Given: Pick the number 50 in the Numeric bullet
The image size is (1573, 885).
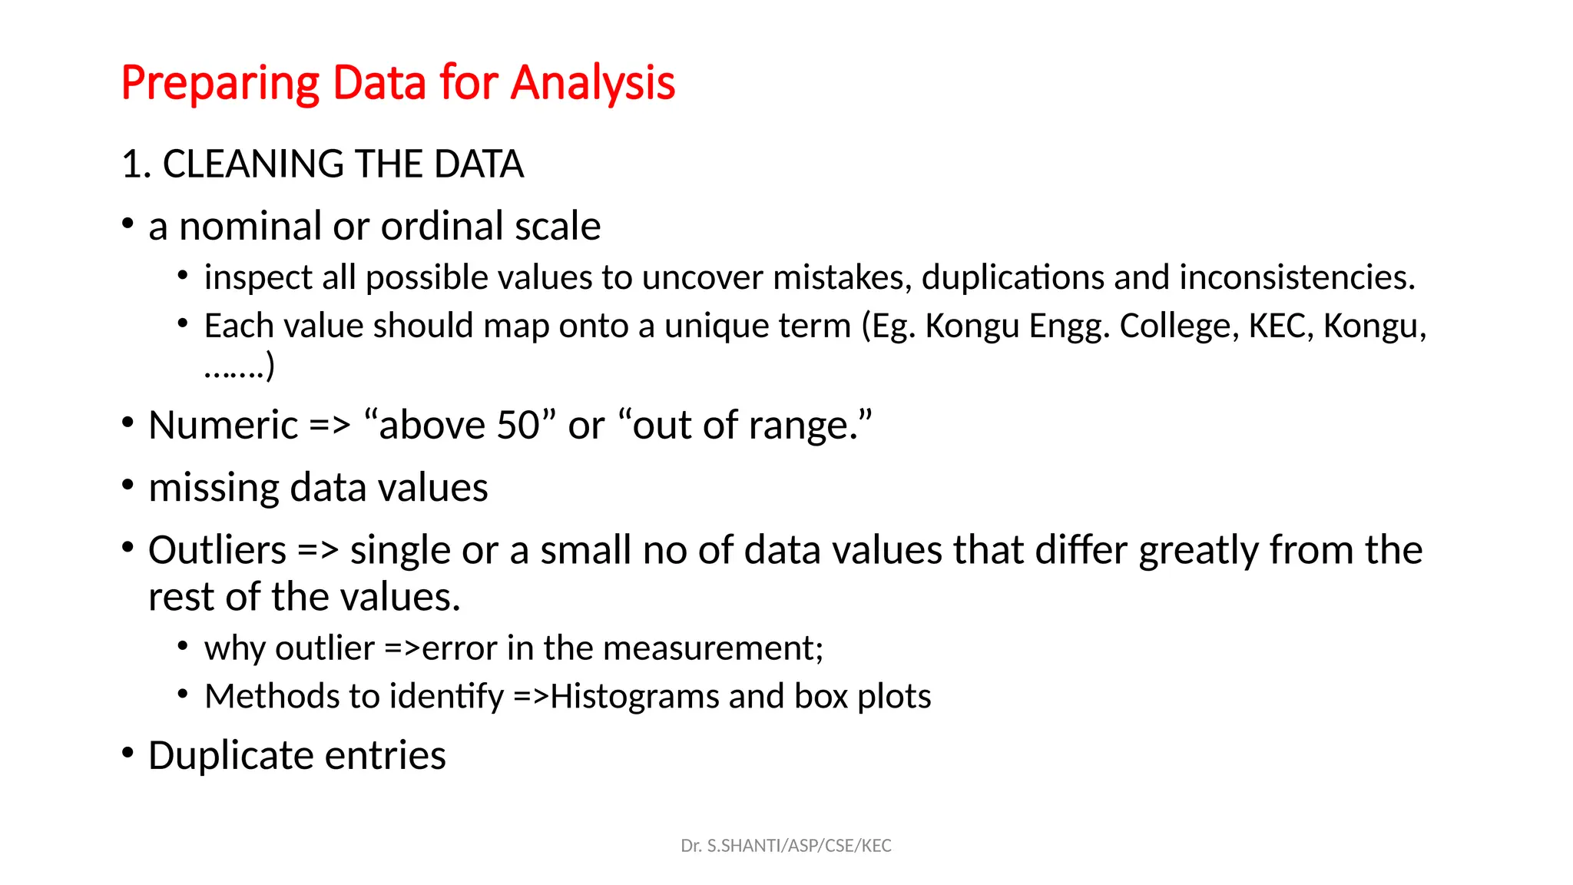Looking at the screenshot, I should coord(518,425).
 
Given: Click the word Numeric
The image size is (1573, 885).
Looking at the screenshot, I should coord(223,425).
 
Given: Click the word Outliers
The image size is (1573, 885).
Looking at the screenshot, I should coord(217,550).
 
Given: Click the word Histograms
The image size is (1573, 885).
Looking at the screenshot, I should coord(634,697).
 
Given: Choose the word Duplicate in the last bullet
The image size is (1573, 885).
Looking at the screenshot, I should coord(231,755).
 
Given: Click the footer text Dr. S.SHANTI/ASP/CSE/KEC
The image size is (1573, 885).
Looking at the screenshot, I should coord(786,846).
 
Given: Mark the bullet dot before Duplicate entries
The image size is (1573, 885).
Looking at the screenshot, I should coord(128,752).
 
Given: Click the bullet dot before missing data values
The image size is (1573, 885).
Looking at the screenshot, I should coord(128,485).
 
